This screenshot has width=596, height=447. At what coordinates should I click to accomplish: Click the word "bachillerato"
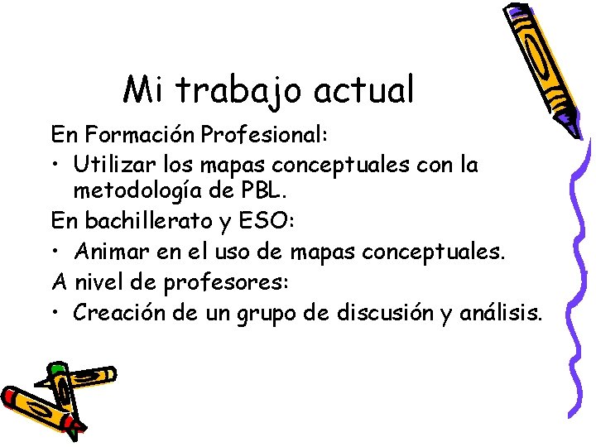[143, 221]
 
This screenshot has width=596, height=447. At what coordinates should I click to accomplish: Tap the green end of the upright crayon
[56, 368]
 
